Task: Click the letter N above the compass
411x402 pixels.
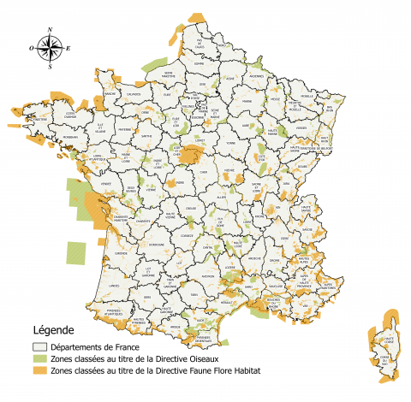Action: (x=51, y=31)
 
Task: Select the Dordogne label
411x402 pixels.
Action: (x=157, y=245)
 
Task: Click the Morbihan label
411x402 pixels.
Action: (x=69, y=136)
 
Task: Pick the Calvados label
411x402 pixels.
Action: (x=134, y=95)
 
